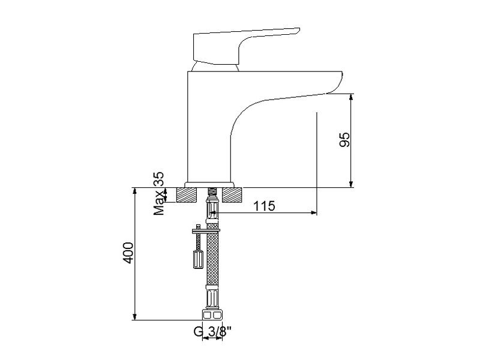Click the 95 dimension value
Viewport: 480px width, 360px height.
click(x=344, y=140)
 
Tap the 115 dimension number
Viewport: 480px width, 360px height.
click(x=265, y=206)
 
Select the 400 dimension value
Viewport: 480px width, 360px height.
click(x=128, y=253)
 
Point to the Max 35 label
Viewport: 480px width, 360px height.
click(x=159, y=193)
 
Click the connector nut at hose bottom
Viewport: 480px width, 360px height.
click(x=212, y=315)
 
